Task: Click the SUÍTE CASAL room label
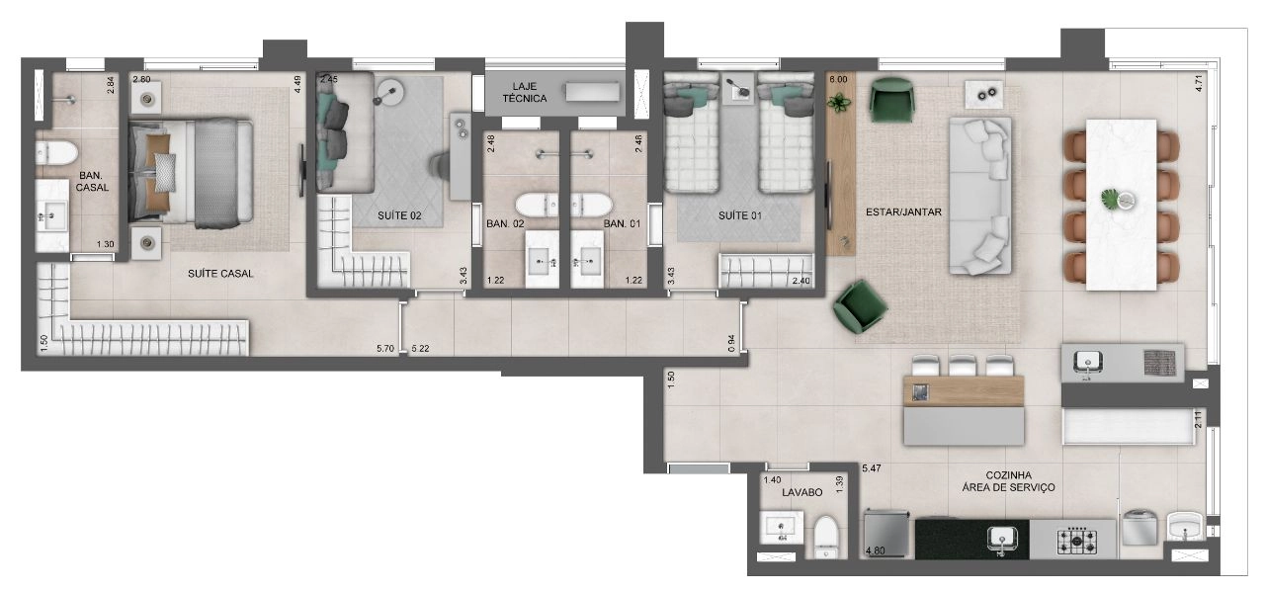[x=220, y=274]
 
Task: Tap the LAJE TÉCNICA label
[x=525, y=93]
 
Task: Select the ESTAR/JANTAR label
[x=903, y=211]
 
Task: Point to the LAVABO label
[x=801, y=492]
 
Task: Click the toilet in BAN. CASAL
[x=56, y=152]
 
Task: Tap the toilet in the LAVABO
[x=826, y=536]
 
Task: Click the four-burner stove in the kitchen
[x=1077, y=541]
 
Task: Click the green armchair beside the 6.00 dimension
[x=891, y=100]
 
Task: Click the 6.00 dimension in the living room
[x=838, y=80]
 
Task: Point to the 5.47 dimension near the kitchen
[x=872, y=468]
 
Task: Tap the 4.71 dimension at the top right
[x=1199, y=83]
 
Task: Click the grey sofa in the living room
[x=979, y=196]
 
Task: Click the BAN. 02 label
[x=505, y=223]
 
